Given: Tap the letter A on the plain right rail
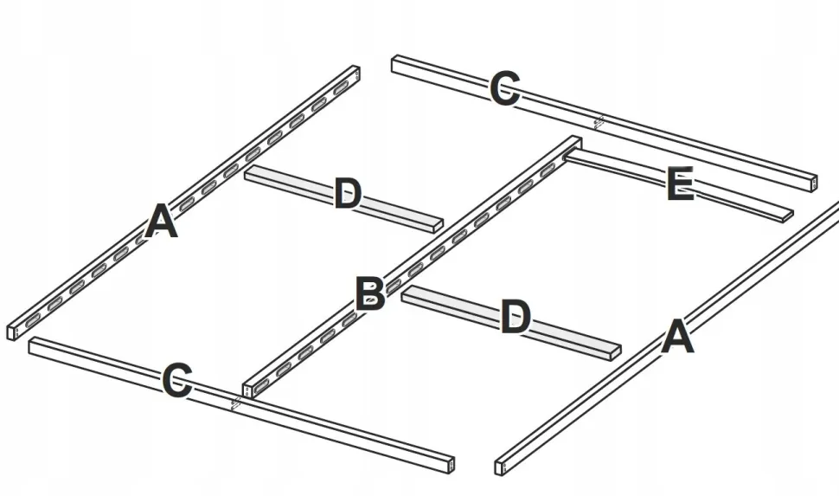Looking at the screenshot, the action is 677,336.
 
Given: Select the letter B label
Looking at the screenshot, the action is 369,293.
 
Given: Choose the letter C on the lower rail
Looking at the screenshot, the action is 177,380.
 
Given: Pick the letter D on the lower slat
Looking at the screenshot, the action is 516,317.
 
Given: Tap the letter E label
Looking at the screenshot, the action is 681,184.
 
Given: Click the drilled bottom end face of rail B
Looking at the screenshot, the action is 247,391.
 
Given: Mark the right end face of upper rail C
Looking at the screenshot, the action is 813,184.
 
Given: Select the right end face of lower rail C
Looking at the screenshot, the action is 450,465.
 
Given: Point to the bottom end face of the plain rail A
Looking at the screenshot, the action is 499,467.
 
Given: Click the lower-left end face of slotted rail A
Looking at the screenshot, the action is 12,332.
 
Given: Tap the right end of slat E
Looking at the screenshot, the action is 788,216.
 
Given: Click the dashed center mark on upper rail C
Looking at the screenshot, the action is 599,122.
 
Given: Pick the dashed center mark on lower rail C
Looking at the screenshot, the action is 235,403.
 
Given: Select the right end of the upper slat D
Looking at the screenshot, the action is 438,226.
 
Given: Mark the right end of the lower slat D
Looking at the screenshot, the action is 615,351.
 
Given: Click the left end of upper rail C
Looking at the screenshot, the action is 394,64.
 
